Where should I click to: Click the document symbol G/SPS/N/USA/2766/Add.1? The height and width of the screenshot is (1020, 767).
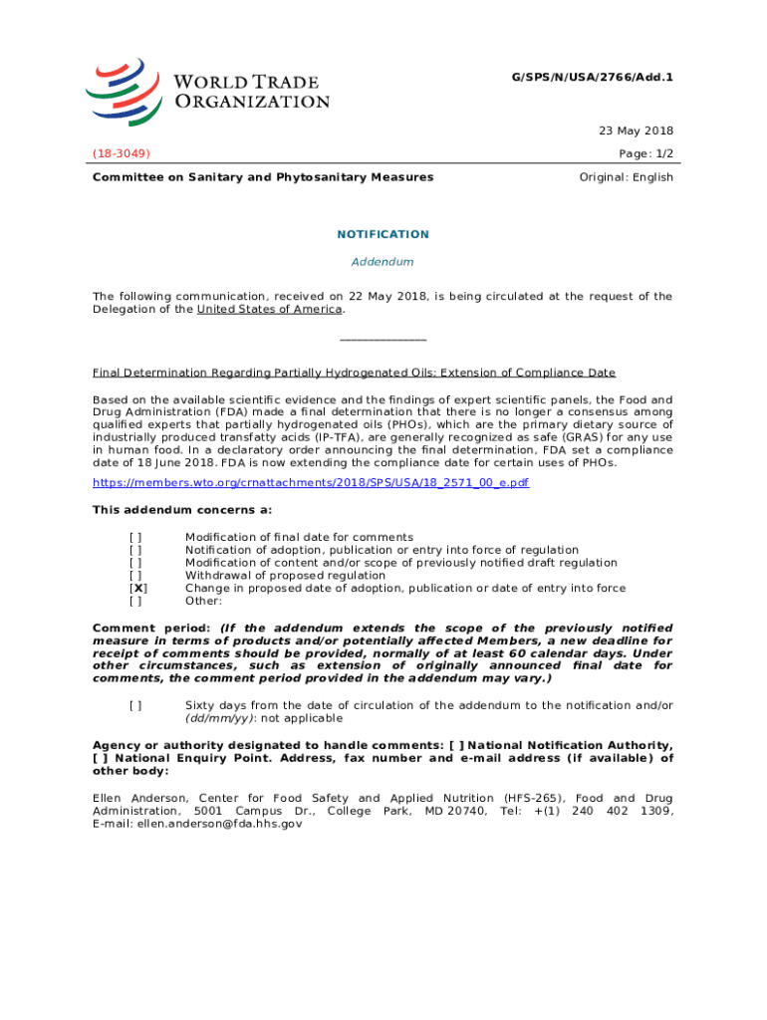(x=605, y=76)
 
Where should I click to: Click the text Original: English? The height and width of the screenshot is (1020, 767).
(x=626, y=177)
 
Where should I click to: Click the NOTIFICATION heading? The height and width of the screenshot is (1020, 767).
(x=383, y=234)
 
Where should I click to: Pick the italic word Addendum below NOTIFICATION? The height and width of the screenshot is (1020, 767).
(x=383, y=262)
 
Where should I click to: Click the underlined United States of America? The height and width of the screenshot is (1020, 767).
(x=270, y=309)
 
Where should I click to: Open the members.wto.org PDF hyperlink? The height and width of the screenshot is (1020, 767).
(x=311, y=482)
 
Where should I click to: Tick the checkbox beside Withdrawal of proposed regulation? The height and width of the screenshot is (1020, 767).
(x=135, y=575)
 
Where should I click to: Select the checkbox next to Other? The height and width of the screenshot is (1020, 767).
(x=135, y=601)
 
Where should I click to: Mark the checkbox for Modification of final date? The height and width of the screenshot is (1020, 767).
(x=135, y=537)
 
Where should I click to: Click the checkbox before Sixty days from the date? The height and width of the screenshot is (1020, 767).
(x=135, y=705)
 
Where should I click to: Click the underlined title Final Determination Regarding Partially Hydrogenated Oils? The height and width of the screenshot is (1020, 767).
(x=354, y=373)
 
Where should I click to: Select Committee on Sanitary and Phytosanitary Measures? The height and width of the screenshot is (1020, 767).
(x=263, y=177)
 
